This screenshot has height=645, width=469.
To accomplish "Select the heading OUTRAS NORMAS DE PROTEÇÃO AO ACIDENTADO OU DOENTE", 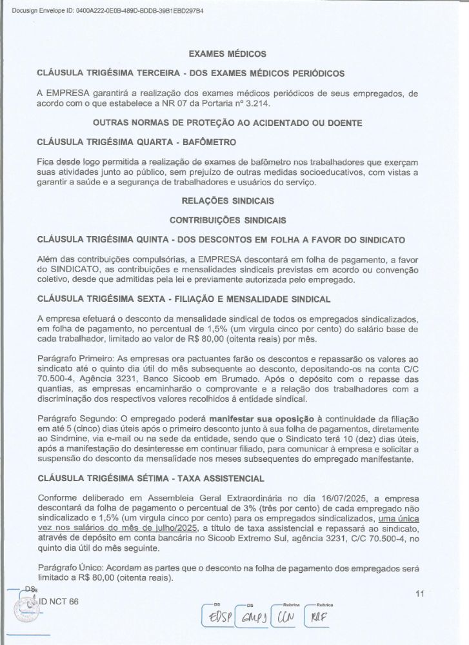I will pyautogui.click(x=227, y=122).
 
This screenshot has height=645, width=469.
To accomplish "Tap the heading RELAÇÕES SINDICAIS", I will pyautogui.click(x=227, y=201).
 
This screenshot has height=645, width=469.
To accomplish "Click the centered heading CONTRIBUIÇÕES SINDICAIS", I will pyautogui.click(x=227, y=220).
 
